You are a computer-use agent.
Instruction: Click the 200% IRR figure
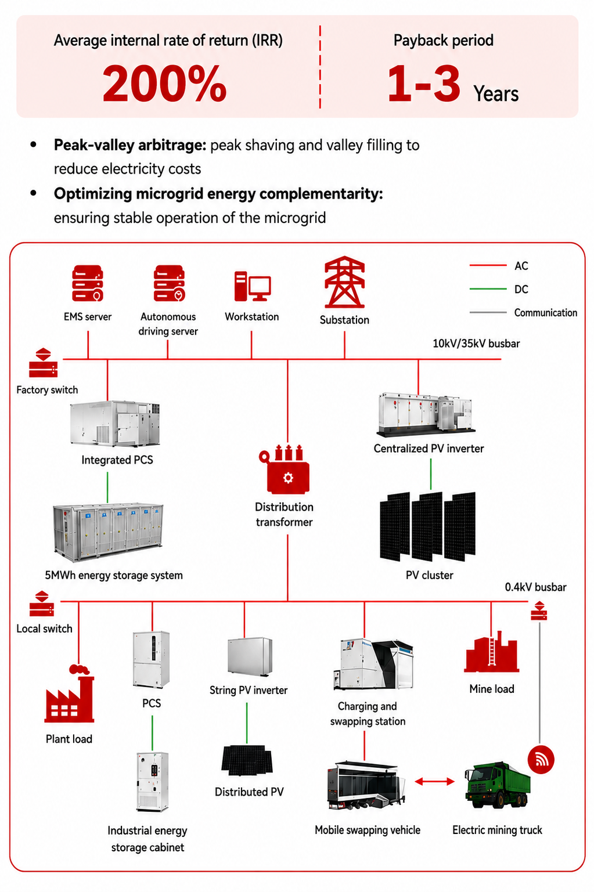[x=164, y=83]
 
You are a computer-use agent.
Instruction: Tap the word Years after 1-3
[x=496, y=94]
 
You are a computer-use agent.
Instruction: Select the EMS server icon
[x=88, y=283]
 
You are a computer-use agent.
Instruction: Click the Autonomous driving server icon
[x=170, y=283]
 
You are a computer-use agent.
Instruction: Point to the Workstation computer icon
[x=253, y=286]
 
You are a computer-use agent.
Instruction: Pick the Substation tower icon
[x=344, y=282]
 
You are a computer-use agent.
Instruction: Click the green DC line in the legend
[x=488, y=288]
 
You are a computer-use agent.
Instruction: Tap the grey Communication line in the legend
[x=488, y=312]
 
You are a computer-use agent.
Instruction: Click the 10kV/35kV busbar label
[x=476, y=343]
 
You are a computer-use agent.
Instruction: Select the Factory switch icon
[x=43, y=363]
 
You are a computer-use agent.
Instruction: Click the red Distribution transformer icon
[x=285, y=469]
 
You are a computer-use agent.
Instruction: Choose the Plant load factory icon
[x=69, y=694]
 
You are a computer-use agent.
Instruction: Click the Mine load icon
[x=492, y=652]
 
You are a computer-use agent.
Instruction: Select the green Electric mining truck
[x=498, y=785]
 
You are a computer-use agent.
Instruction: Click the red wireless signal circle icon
[x=541, y=760]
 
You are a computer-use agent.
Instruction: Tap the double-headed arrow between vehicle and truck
[x=435, y=781]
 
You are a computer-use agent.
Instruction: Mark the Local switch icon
[x=41, y=604]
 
